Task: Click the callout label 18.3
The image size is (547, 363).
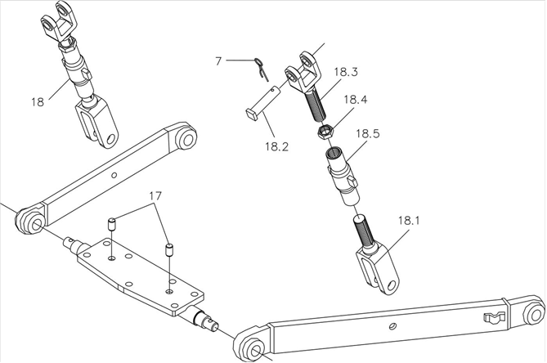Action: click(x=347, y=73)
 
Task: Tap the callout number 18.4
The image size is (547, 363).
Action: click(x=355, y=101)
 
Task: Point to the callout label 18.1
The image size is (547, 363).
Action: click(x=412, y=220)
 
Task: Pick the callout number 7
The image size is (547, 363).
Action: click(x=218, y=60)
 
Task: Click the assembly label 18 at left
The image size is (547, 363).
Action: click(x=38, y=102)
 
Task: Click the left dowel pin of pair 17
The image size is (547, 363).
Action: click(x=113, y=225)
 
